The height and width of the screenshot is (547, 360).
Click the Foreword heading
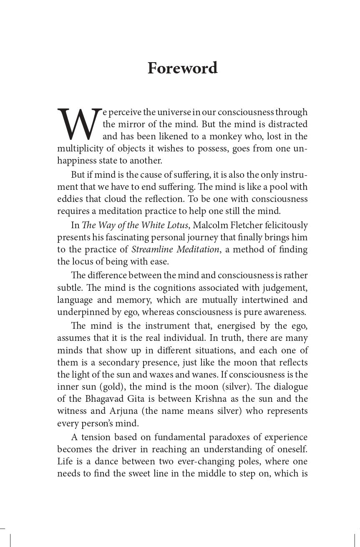[x=182, y=68]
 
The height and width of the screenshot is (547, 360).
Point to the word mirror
[x=133, y=124]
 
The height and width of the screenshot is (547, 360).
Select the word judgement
[x=285, y=288]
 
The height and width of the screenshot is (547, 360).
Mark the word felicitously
[x=283, y=225]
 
